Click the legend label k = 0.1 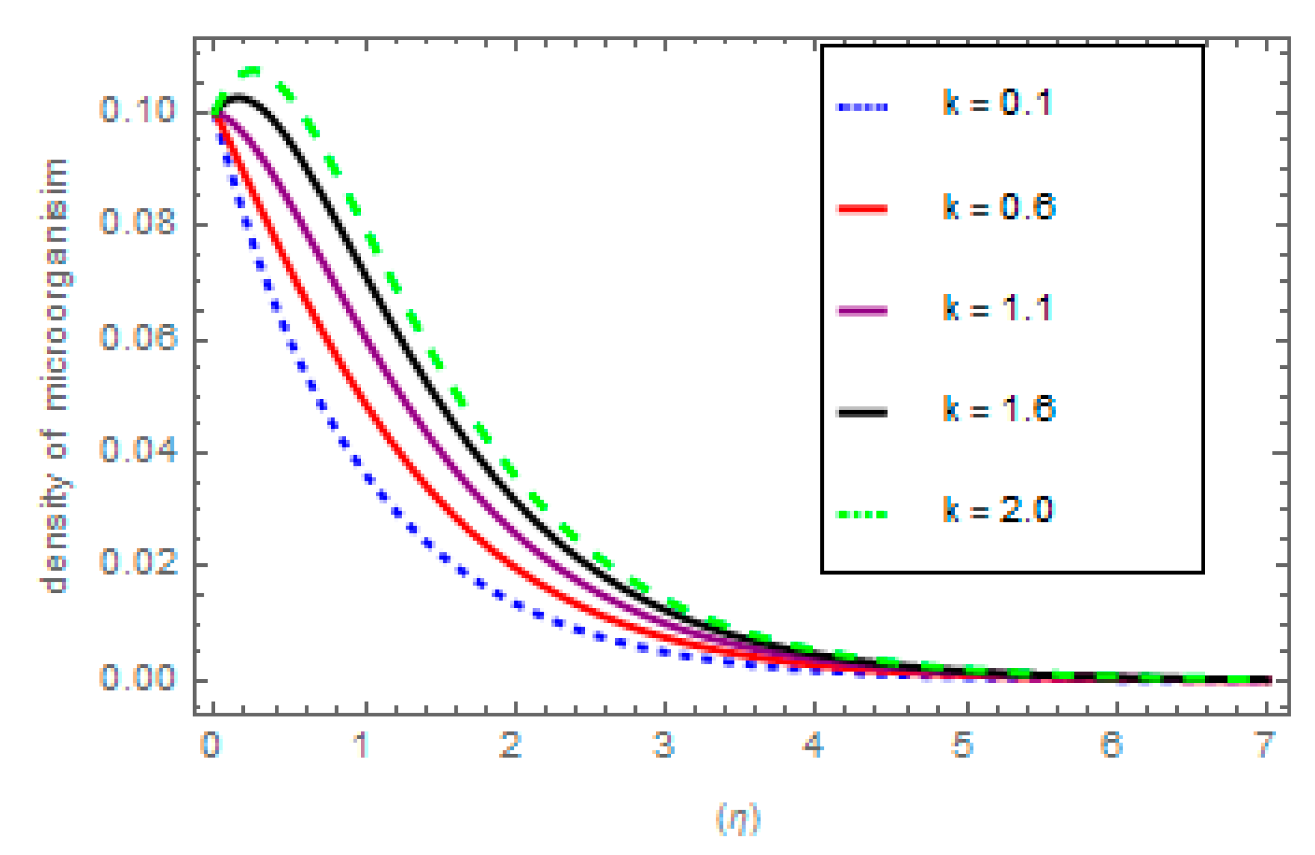[997, 103]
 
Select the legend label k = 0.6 [999, 207]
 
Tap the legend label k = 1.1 [997, 309]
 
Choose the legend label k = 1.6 [999, 410]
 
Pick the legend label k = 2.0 [997, 510]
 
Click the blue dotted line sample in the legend [862, 107]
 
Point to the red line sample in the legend [862, 209]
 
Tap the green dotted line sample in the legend [862, 514]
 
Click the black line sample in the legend [862, 412]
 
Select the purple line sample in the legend [862, 310]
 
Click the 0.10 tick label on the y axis [138, 110]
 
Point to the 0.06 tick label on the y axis [138, 338]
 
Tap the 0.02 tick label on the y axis [138, 563]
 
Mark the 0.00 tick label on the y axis [138, 677]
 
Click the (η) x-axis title [738, 819]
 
